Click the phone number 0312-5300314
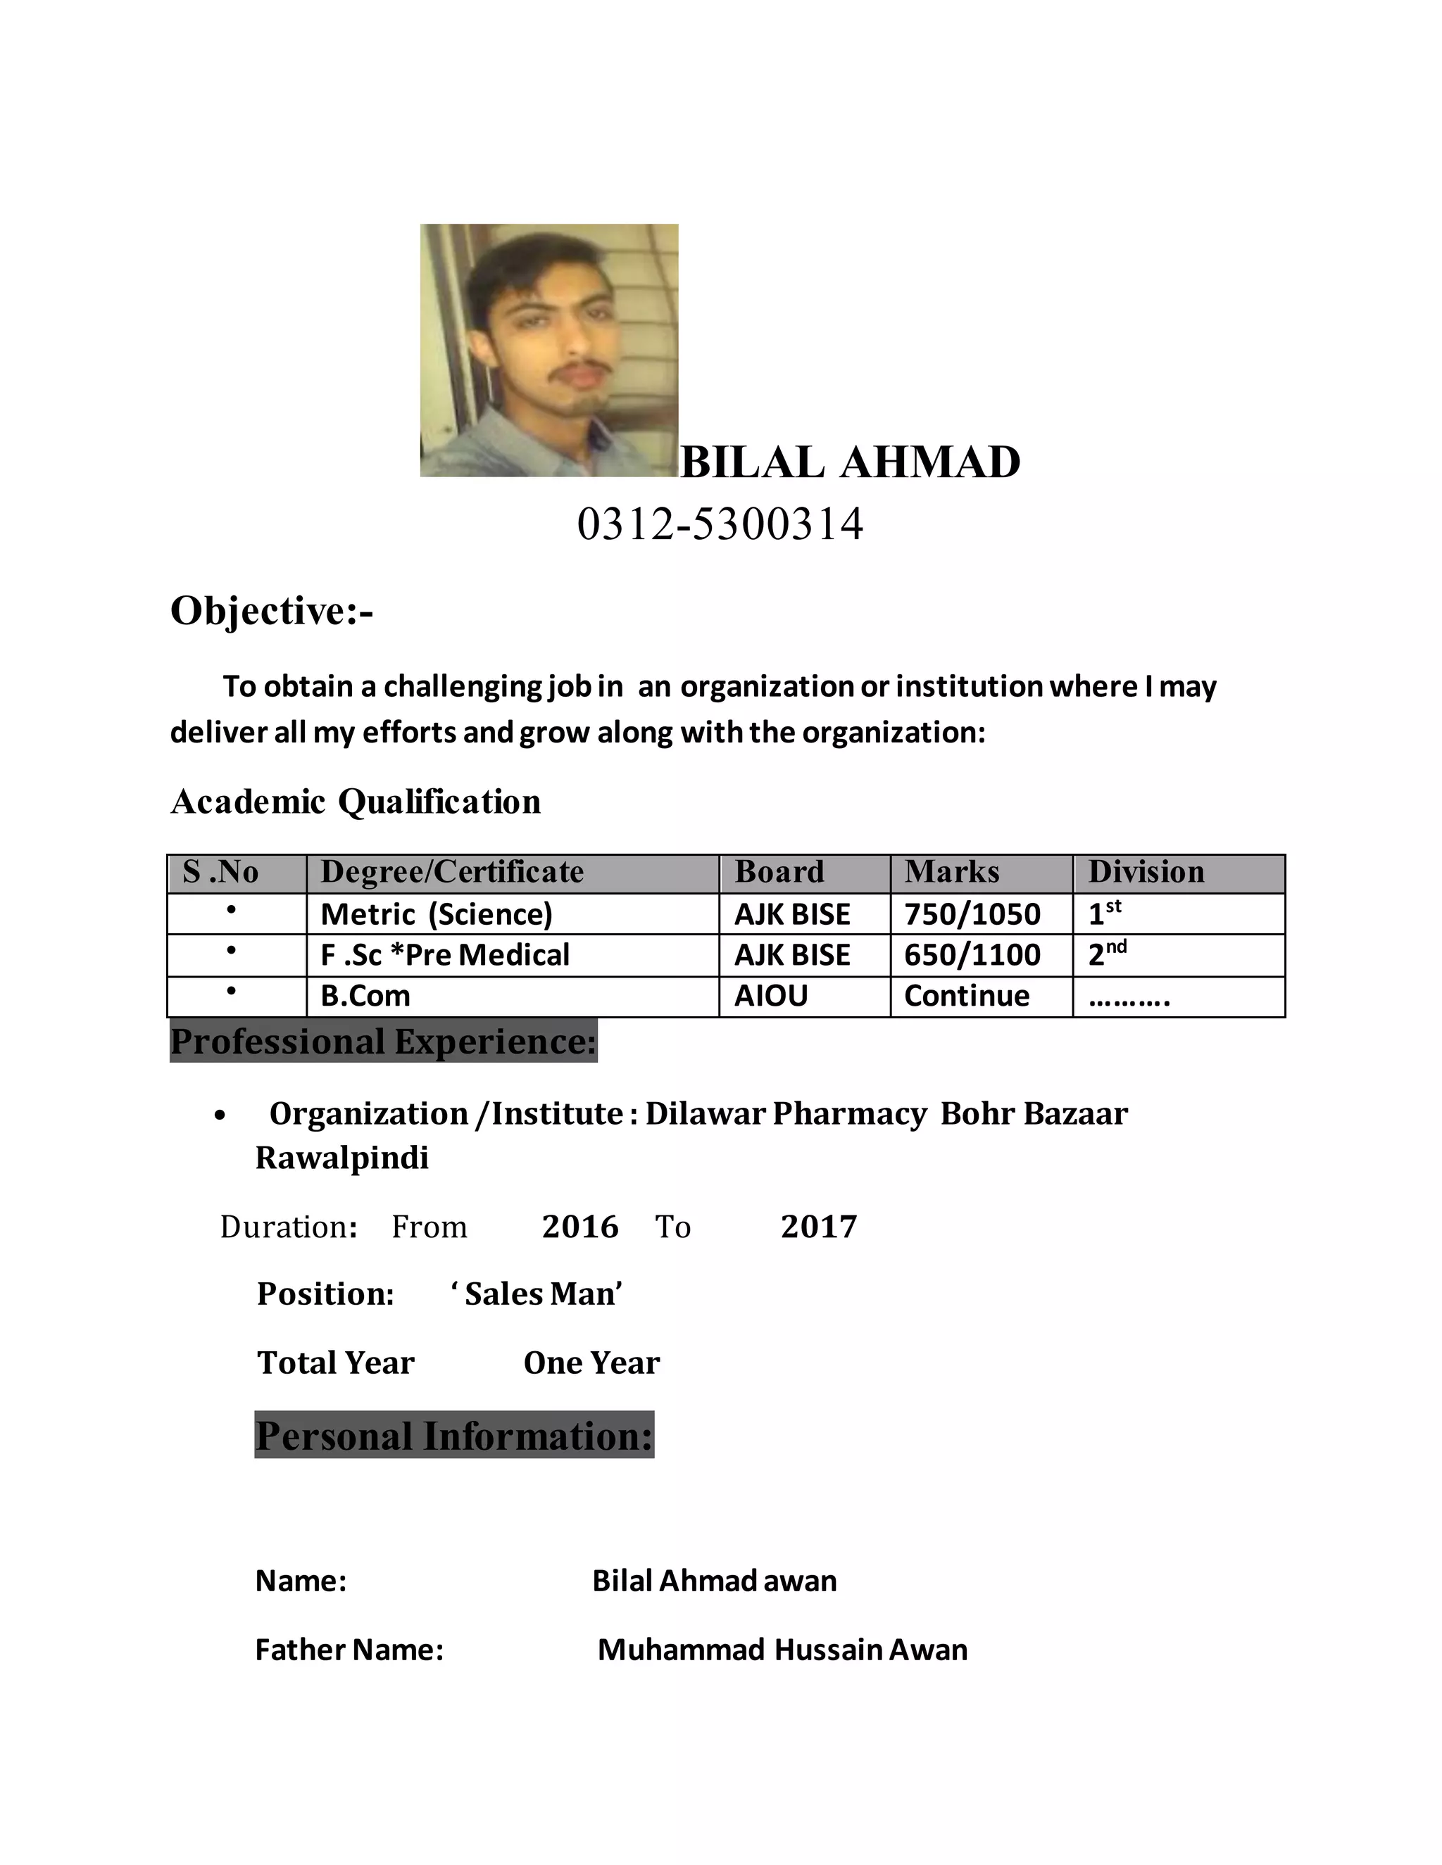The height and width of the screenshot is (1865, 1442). (720, 524)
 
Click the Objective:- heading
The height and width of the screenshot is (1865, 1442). (272, 611)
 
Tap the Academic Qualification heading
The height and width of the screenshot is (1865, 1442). (356, 802)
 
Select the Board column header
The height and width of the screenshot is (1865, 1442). (779, 872)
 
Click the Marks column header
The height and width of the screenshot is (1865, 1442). (952, 872)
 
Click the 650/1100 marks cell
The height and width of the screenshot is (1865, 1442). (972, 955)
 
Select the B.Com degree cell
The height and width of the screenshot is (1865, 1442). (365, 996)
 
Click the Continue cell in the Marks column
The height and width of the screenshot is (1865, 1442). (966, 996)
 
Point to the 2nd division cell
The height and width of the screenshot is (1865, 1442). (1106, 954)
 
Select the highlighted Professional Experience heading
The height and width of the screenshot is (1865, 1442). (384, 1042)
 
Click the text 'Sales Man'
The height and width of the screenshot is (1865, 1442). (537, 1294)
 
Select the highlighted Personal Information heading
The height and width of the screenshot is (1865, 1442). (453, 1436)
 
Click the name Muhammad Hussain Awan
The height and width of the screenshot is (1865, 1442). (782, 1650)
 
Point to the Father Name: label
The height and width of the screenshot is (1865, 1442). (349, 1650)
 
